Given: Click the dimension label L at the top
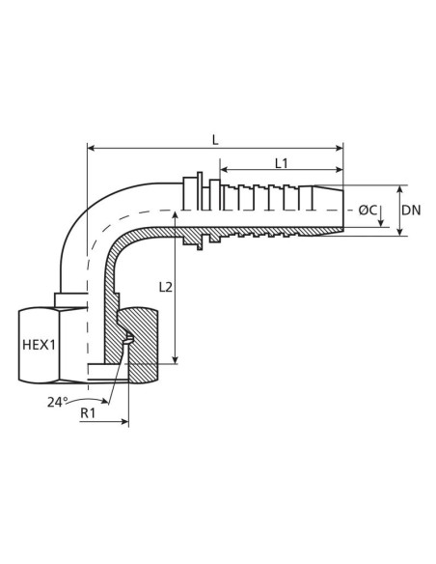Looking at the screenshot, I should coord(214,138).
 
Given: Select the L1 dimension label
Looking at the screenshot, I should coord(281,163).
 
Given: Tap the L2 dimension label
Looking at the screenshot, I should coord(165,287).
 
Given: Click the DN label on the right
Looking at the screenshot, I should coord(411,210).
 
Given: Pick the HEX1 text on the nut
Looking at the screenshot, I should coord(39,343).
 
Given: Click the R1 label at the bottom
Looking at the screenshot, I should coord(87,413).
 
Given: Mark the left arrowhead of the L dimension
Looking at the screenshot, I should coord(92,149).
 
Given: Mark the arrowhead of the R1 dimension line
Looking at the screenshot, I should coord(124,421).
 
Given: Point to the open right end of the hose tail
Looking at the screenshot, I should coord(342,210).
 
